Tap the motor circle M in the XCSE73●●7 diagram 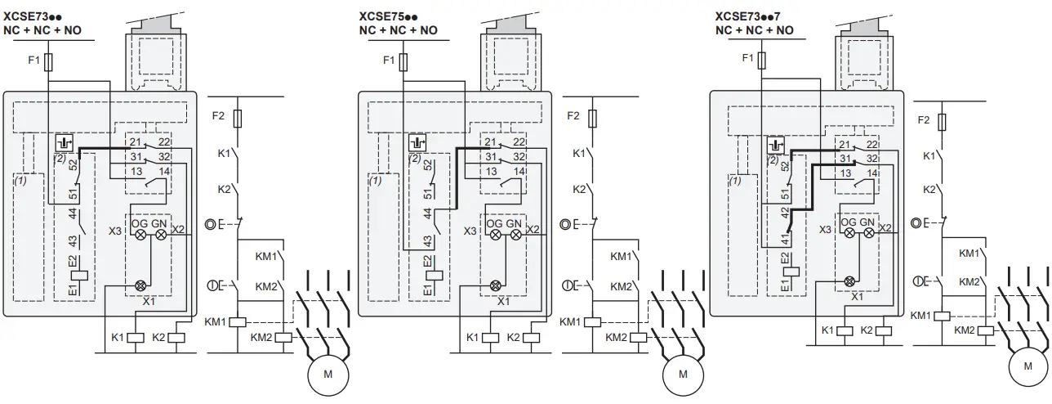click(1027, 366)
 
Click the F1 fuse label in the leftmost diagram click(34, 60)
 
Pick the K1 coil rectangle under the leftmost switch click(138, 337)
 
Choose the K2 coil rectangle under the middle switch click(531, 337)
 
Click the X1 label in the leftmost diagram click(149, 300)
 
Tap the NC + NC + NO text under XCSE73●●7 click(754, 30)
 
